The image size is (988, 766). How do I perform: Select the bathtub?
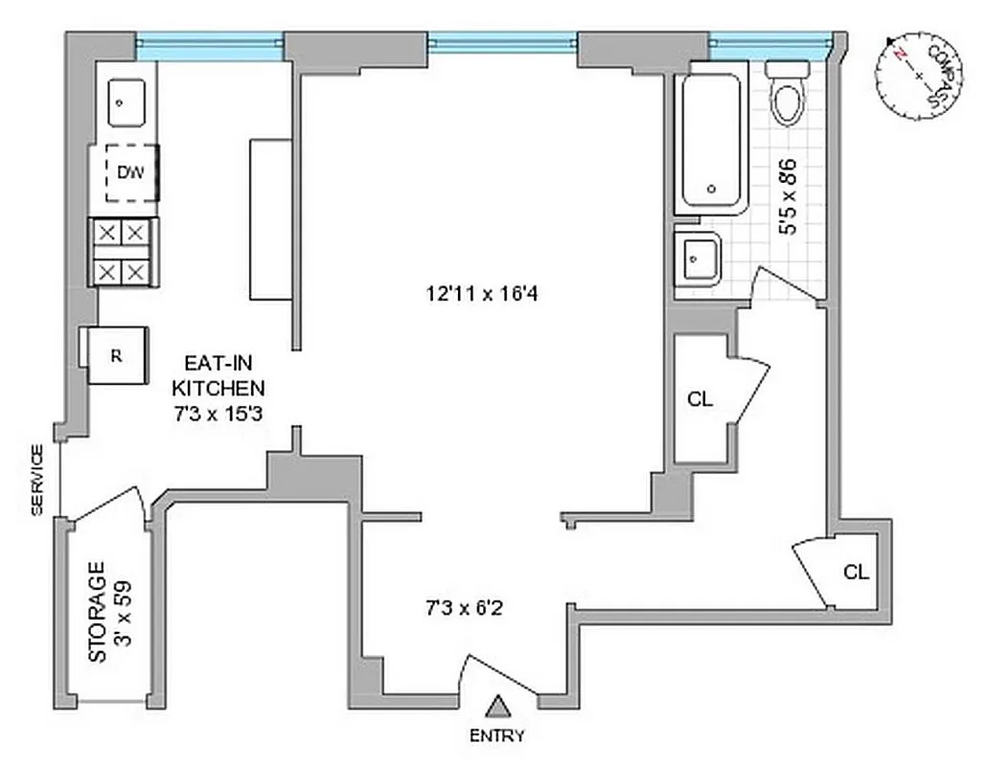point(710,143)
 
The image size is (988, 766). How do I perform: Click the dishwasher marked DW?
point(129,173)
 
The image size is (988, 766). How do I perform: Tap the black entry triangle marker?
point(496,708)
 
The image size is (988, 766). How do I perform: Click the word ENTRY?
point(497,736)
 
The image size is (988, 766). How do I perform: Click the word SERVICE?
point(37,481)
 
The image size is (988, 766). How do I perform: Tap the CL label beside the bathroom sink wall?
point(701,400)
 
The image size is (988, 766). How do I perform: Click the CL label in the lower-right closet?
point(856,573)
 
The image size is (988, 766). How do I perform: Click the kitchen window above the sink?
point(209,43)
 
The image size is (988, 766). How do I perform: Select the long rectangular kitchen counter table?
point(269,219)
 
